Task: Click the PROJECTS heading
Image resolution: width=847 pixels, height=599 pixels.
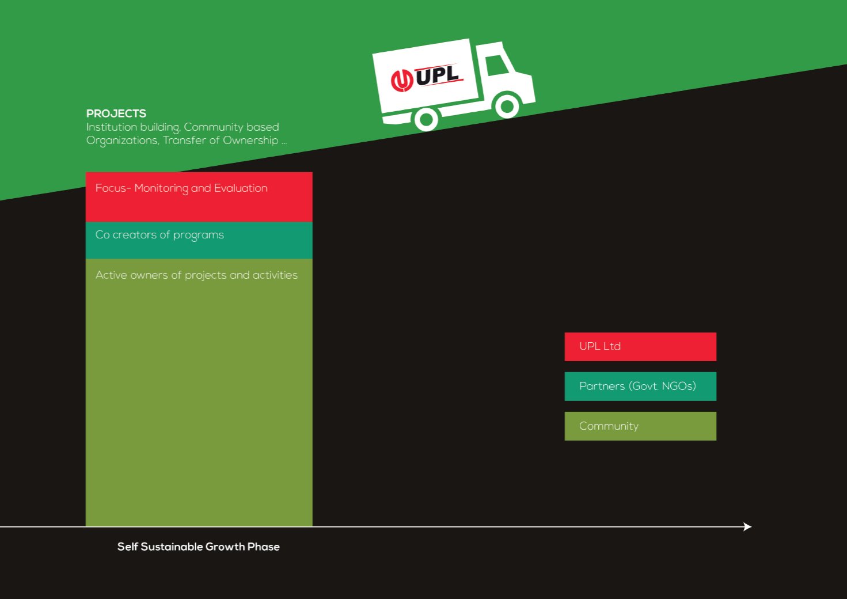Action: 116,113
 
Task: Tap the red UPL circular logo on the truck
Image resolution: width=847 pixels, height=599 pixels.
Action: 401,81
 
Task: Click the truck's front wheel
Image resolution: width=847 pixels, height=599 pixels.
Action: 507,106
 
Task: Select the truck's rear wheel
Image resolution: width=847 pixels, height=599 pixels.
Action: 427,119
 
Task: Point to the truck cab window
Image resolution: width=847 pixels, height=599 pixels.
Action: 497,66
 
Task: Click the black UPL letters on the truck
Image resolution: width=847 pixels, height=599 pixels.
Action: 438,75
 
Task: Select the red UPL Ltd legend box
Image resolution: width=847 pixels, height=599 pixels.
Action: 640,347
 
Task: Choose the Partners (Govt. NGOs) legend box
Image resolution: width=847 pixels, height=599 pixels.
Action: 640,386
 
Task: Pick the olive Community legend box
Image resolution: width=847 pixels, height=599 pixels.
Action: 640,426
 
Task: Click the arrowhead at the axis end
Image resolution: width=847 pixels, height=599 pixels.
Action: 747,527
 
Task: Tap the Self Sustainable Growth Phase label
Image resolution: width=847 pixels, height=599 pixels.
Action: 199,547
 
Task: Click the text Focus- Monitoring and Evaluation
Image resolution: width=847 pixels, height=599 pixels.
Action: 181,188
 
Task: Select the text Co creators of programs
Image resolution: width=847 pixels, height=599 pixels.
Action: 159,235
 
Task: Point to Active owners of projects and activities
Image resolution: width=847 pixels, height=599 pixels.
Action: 196,275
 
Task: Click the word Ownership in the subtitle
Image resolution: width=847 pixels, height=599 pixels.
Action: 250,141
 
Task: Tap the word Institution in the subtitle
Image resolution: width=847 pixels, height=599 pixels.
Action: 112,127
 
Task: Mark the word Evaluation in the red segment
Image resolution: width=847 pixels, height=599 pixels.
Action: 241,188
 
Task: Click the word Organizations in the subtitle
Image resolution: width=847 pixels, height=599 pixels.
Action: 123,141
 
